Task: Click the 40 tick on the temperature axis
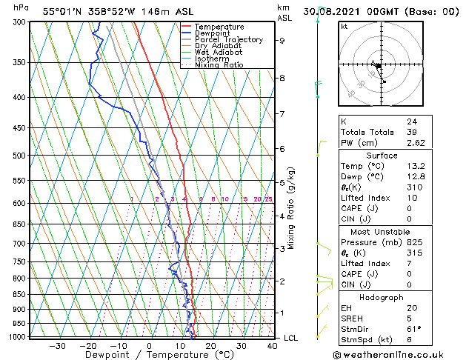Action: pyautogui.click(x=273, y=346)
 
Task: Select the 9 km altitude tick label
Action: pyautogui.click(x=282, y=41)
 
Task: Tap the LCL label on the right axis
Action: pyautogui.click(x=292, y=338)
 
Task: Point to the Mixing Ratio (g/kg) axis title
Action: pyautogui.click(x=291, y=207)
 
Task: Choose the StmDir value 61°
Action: pyautogui.click(x=413, y=328)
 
